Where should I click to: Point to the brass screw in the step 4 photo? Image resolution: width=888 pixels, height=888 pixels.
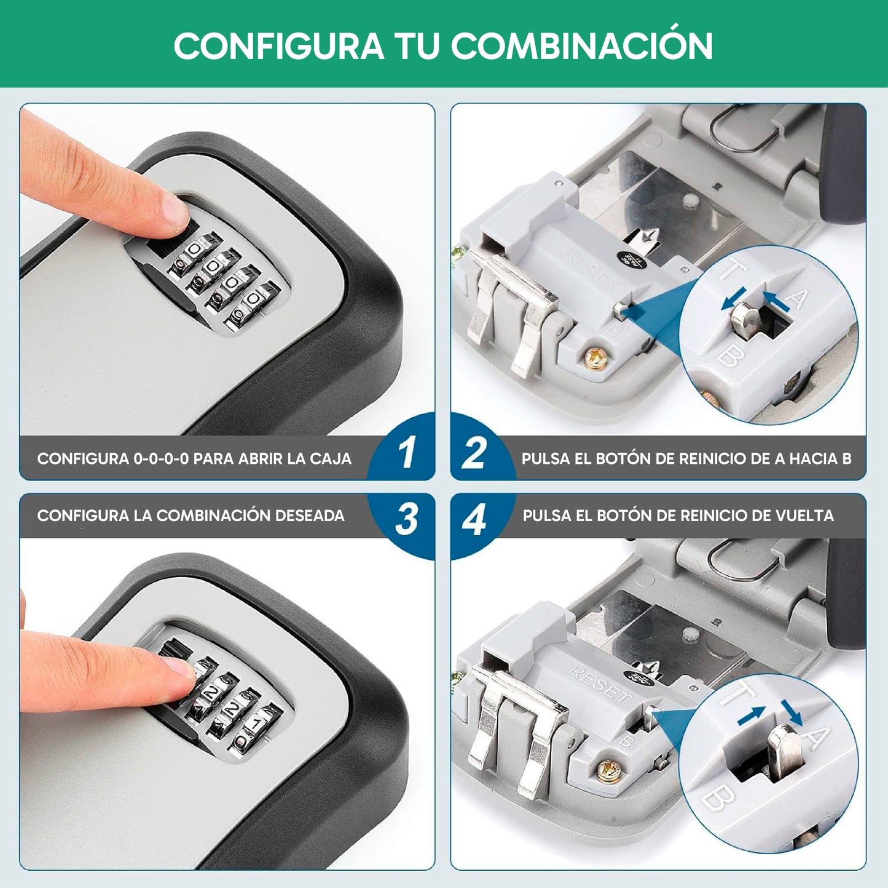point(609,771)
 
